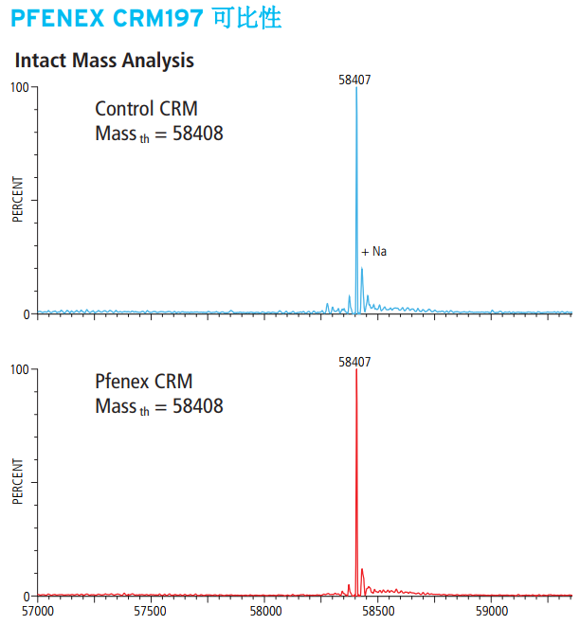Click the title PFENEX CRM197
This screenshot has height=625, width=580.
107,18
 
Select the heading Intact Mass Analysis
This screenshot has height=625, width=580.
104,61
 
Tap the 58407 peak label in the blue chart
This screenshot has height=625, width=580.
354,80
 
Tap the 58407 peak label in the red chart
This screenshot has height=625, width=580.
354,362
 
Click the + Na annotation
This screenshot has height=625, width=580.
374,252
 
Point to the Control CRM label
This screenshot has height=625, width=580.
146,109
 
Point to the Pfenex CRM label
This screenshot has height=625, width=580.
143,383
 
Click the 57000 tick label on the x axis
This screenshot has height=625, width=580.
38,612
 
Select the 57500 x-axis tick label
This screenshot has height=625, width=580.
151,612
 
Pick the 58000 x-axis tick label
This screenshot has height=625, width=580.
264,612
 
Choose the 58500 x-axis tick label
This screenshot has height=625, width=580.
378,612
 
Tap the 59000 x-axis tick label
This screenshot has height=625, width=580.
491,612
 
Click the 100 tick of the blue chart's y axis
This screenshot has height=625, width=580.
18,87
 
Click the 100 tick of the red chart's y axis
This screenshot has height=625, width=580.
18,369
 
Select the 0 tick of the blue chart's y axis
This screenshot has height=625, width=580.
27,313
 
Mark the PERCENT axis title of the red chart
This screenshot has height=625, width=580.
17,483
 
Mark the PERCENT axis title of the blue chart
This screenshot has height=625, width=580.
17,201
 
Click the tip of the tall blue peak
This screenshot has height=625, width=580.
356,88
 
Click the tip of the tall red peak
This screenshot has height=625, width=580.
356,370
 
